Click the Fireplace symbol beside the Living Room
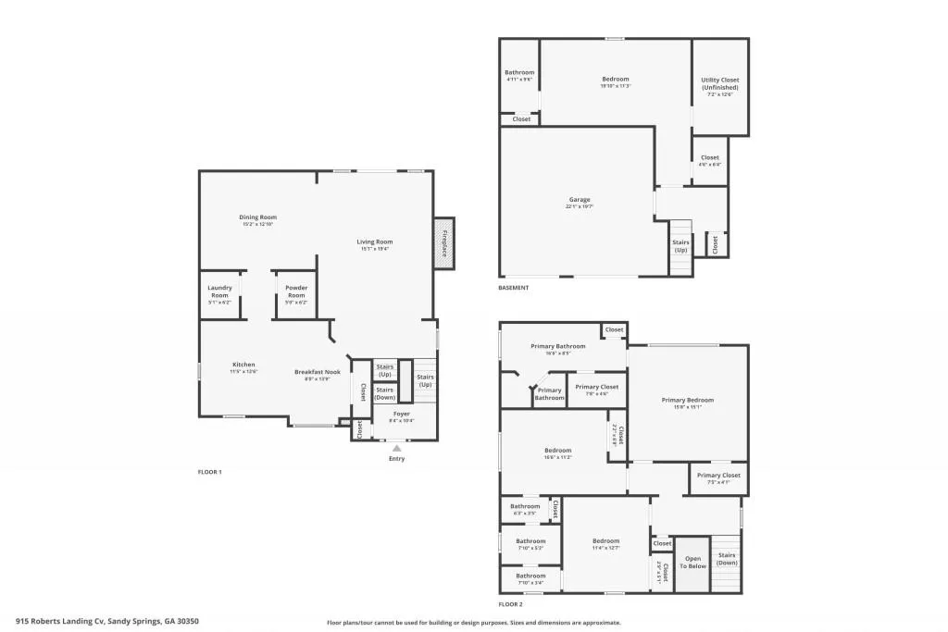tap(444, 243)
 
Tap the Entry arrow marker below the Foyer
tap(396, 448)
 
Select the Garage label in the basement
tap(580, 200)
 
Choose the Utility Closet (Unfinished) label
tap(719, 83)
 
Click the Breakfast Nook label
tap(318, 372)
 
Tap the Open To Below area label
tap(692, 562)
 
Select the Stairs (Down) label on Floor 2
tap(727, 559)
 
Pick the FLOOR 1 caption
tap(210, 472)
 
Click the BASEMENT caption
tap(514, 288)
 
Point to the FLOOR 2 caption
tap(511, 604)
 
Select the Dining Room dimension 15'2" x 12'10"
tap(258, 224)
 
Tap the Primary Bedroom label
tap(687, 400)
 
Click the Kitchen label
tap(243, 365)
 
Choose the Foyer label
tap(402, 414)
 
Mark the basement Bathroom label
tap(519, 72)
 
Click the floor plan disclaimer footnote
tap(473, 623)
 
